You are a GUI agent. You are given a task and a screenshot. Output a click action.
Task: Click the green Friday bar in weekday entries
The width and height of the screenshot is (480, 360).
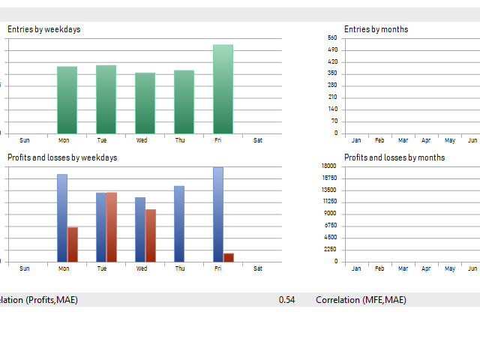(223, 89)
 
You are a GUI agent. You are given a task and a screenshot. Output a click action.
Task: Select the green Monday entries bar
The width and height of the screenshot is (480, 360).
(67, 100)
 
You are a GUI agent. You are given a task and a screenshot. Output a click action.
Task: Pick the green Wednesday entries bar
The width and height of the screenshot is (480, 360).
(145, 103)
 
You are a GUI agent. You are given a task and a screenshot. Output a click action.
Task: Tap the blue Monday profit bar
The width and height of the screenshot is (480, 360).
(62, 217)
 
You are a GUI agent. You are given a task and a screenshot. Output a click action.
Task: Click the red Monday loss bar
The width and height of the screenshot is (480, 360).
(73, 244)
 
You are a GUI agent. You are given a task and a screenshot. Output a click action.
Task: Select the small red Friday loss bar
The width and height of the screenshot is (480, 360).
(229, 257)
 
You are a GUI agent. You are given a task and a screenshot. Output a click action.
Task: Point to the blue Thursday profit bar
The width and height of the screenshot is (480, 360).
(179, 223)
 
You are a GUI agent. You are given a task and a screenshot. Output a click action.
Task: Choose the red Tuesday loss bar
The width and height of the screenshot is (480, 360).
(112, 226)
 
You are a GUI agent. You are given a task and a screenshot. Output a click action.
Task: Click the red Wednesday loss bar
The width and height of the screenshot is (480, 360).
(151, 235)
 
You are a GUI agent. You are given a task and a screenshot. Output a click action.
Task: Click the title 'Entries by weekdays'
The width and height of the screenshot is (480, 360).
(44, 29)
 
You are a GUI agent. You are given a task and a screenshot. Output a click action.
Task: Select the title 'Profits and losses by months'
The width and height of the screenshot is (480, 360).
(394, 157)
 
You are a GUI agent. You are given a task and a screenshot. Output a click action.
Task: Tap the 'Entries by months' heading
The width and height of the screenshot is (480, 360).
(376, 29)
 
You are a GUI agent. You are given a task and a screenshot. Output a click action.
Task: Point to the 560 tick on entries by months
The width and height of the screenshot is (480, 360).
(332, 37)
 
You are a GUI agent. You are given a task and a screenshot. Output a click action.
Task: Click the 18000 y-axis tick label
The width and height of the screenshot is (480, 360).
(329, 166)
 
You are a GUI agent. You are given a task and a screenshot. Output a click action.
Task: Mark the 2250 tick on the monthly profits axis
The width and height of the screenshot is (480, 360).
(331, 250)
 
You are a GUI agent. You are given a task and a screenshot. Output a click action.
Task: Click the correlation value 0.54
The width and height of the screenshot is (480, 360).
(286, 300)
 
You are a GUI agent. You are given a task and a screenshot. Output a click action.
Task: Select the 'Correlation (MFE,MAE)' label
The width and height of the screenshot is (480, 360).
(361, 300)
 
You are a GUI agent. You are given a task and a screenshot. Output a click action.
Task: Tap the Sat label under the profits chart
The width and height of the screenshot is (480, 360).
(258, 268)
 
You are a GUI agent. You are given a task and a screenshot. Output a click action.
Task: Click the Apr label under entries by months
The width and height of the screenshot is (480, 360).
(426, 140)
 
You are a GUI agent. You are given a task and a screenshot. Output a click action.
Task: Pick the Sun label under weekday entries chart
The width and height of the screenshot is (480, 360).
(25, 140)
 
